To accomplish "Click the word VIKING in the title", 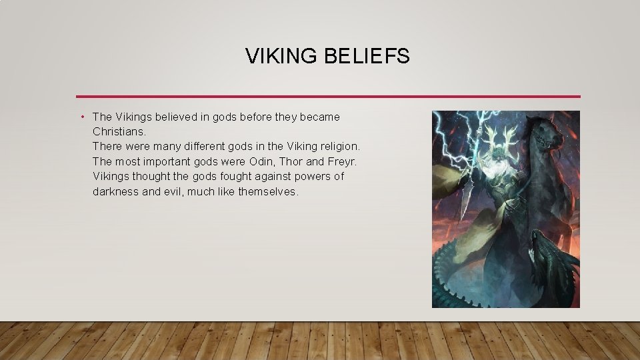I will coord(282,57).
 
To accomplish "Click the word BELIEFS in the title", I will coord(367,57).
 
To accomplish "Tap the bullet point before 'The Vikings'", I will coord(81,117).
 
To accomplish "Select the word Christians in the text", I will coord(118,131).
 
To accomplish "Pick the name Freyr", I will coord(343,161).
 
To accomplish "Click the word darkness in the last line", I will coord(117,191).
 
